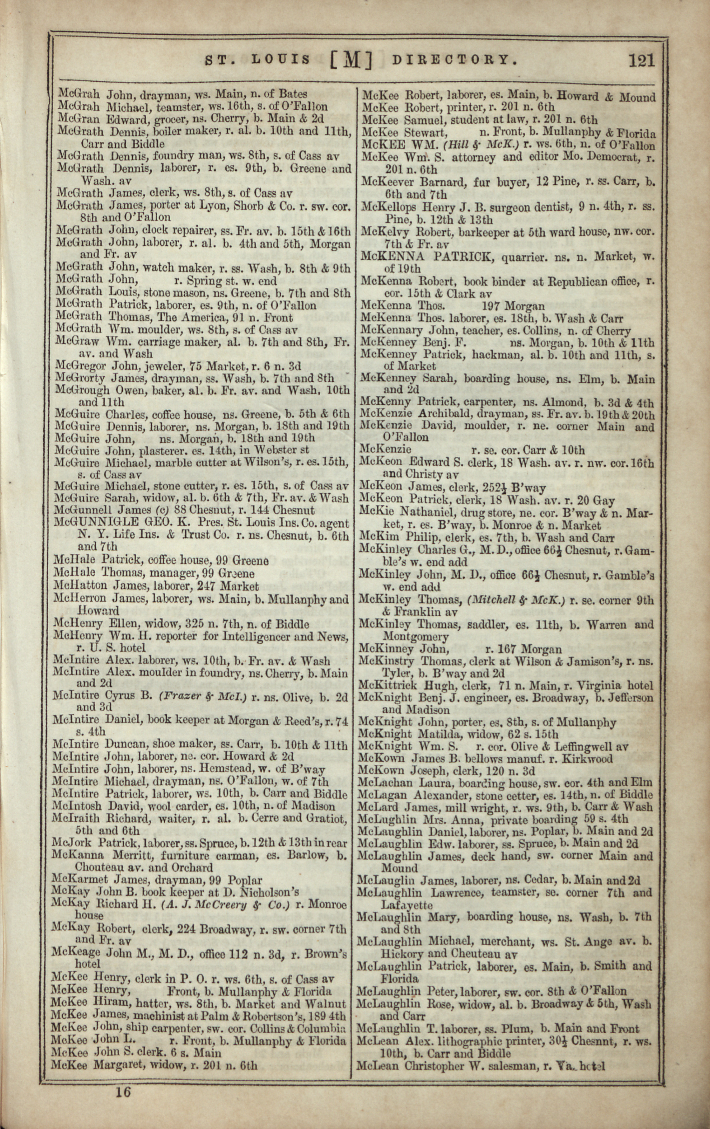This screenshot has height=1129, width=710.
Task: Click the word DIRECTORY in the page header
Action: pyautogui.click(x=455, y=60)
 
